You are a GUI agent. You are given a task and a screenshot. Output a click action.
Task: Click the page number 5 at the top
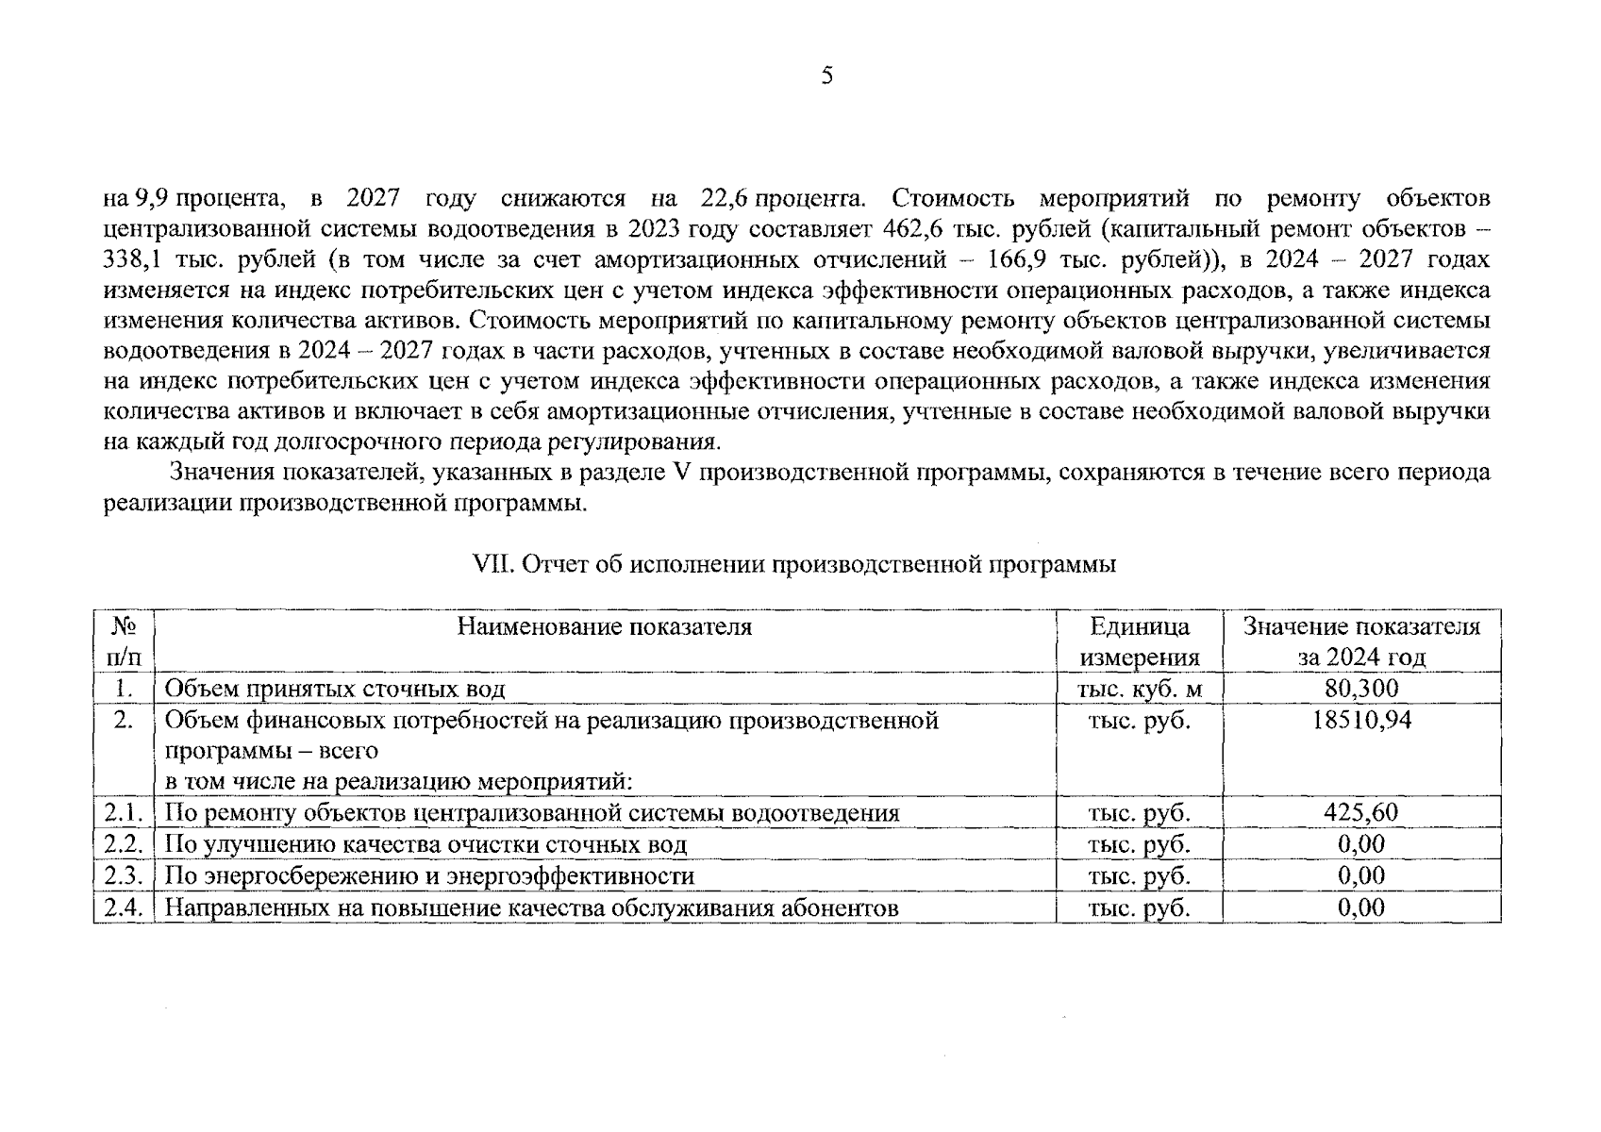pos(826,76)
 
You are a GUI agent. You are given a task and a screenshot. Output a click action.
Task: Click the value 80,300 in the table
pos(1361,688)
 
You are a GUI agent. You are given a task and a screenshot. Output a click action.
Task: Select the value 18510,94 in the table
pos(1361,721)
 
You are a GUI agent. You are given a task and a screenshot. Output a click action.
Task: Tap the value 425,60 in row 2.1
pos(1361,812)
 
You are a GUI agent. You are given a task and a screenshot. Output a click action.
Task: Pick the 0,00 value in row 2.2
pos(1361,843)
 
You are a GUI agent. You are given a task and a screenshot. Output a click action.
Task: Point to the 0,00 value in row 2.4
pos(1361,907)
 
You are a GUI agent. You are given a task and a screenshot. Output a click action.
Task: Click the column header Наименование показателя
pos(604,626)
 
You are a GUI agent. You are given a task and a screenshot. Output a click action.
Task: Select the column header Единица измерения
pos(1139,641)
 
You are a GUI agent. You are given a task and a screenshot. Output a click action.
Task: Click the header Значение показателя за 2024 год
pos(1361,641)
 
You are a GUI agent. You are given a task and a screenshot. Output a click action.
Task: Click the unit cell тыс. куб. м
pos(1139,689)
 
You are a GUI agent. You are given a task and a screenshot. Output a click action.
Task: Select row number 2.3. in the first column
pos(123,875)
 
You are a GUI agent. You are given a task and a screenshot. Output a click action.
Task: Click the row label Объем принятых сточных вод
pos(335,689)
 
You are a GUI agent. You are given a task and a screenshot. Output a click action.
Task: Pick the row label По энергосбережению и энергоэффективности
pos(429,876)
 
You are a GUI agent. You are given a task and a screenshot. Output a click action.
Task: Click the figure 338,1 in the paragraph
pos(132,259)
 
